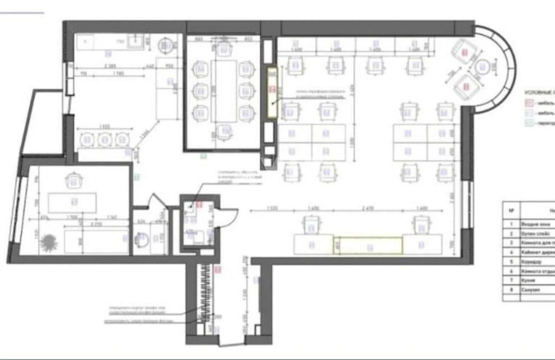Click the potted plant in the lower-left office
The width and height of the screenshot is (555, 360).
pos(48,241)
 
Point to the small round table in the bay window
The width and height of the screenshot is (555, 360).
pos(483,68)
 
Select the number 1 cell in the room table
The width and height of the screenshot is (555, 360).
pos(511,223)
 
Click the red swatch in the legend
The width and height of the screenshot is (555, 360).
pos(527,103)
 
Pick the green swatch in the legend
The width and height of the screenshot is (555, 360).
pos(527,124)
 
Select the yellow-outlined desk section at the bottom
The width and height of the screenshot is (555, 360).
pos(368,245)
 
